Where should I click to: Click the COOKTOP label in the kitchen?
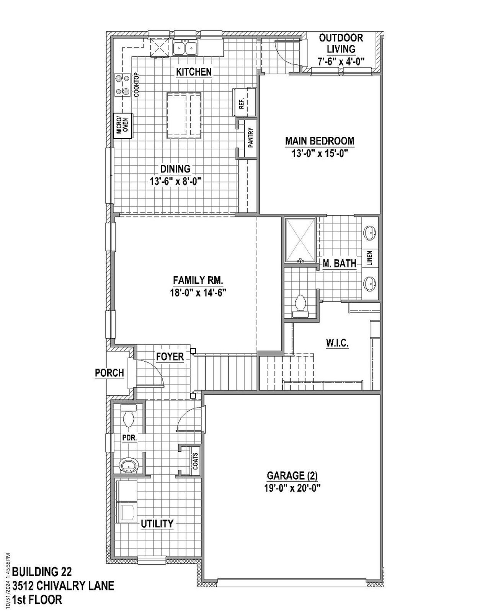point(137,84)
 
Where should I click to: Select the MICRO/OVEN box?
point(123,125)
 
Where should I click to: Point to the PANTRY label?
point(251,138)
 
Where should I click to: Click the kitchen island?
point(184,115)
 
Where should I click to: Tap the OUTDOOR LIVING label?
point(341,43)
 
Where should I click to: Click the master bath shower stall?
point(300,241)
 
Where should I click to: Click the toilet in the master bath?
point(301,305)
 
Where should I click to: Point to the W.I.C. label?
point(337,343)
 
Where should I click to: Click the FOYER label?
point(170,357)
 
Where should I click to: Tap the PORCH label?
point(109,373)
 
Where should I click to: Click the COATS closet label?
point(196,461)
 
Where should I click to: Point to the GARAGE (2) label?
point(292,476)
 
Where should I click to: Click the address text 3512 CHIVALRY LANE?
point(63,586)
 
